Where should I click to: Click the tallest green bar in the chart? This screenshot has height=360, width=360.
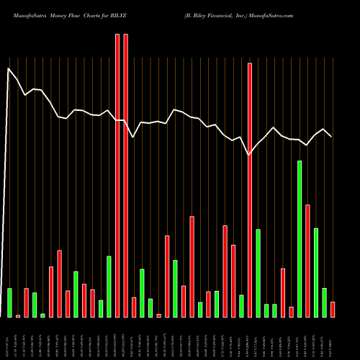pyautogui.click(x=300, y=239)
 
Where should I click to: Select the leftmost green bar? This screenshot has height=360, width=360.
pyautogui.click(x=9, y=302)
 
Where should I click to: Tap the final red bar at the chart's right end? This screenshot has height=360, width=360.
pyautogui.click(x=333, y=310)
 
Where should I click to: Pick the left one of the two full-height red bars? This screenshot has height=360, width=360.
pyautogui.click(x=117, y=176)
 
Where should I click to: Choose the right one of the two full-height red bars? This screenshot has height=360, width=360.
pyautogui.click(x=126, y=176)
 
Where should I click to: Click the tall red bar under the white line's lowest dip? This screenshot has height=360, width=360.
pyautogui.click(x=250, y=190)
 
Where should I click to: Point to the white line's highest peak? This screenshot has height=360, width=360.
pyautogui.click(x=9, y=69)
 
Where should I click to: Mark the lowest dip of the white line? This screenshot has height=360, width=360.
pyautogui.click(x=249, y=155)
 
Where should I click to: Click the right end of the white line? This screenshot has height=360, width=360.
pyautogui.click(x=332, y=136)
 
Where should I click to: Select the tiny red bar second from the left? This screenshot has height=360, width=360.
pyautogui.click(x=18, y=315)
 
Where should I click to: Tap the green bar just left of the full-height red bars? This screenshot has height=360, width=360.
pyautogui.click(x=109, y=287)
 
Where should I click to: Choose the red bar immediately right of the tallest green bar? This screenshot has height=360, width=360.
pyautogui.click(x=307, y=261)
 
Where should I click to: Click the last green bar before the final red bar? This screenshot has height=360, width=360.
pyautogui.click(x=324, y=302)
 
